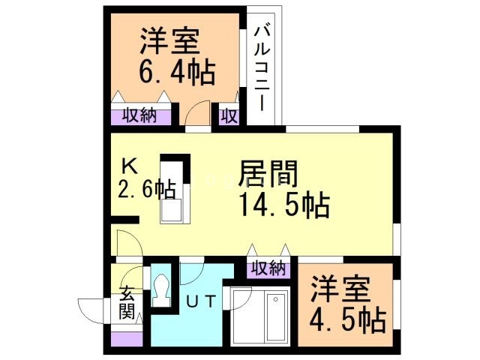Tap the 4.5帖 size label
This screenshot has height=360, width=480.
click(x=348, y=320)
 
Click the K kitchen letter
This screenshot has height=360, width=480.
click(x=129, y=165)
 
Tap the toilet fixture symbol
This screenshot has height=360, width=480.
click(x=162, y=289)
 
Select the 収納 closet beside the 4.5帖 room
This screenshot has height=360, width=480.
click(x=267, y=267)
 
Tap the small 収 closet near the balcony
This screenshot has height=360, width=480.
click(x=229, y=116)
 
